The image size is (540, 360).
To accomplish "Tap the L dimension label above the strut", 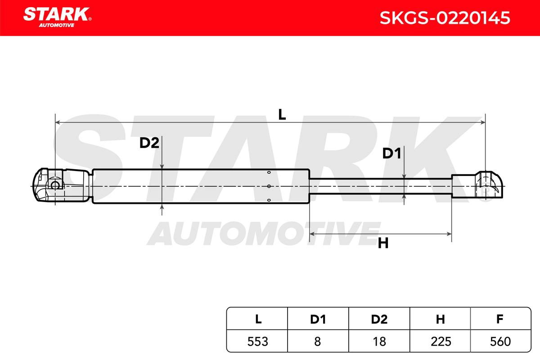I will click(282, 115).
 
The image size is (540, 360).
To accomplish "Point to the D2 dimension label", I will click(149, 143).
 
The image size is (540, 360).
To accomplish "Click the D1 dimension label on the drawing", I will click(391, 154).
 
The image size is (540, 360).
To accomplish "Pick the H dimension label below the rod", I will click(383, 244).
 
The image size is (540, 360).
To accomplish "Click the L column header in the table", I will click(258, 319).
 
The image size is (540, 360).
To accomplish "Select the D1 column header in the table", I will click(318, 319).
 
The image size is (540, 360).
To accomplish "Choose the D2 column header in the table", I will click(379, 319).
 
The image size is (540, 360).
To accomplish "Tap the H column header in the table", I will click(440, 319).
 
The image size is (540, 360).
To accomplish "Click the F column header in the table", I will click(499, 319).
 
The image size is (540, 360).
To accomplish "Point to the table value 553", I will click(258, 342).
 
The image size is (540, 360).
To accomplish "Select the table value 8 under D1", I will click(318, 342).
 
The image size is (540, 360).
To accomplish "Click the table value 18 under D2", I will click(379, 342).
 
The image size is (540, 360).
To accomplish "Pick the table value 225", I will click(440, 342).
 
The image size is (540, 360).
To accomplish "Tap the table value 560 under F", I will click(499, 342).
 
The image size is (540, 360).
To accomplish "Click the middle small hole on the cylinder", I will click(268, 186).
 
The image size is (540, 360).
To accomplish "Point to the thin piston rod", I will click(380, 186).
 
